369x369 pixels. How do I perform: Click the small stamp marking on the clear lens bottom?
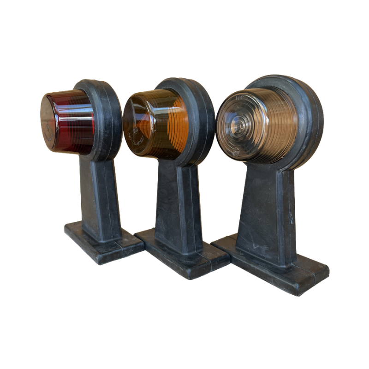[x=236, y=150]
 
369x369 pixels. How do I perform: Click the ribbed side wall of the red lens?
[x=76, y=122]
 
